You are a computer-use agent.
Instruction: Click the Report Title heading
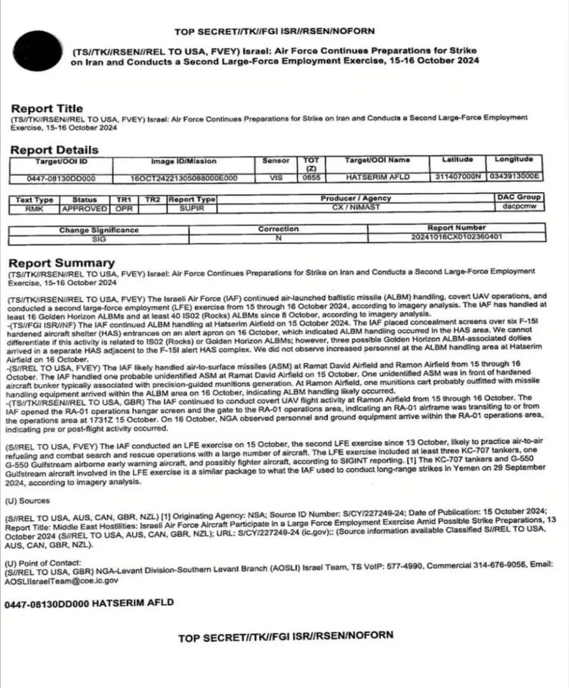tap(47, 109)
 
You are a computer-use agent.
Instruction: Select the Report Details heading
tap(54, 150)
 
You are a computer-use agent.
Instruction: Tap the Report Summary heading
tap(61, 263)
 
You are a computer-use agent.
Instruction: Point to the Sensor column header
tap(276, 161)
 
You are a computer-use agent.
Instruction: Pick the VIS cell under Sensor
tap(276, 177)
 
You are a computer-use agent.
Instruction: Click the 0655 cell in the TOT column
tap(311, 177)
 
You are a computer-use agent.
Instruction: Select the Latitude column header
tap(457, 160)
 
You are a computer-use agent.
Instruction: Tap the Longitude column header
tap(514, 159)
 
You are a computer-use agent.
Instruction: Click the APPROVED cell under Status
tap(84, 209)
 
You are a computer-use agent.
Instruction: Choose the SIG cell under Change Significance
tap(99, 239)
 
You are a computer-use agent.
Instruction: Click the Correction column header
tap(278, 229)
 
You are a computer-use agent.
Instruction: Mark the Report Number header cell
tap(456, 228)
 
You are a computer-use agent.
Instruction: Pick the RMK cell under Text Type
tap(34, 209)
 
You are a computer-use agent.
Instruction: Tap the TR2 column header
tap(153, 199)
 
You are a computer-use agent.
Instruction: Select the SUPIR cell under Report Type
tap(192, 208)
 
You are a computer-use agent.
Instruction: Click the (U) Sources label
tap(27, 501)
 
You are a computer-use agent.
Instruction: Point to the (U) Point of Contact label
tap(42, 563)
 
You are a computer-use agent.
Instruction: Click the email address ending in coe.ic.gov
tap(62, 580)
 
